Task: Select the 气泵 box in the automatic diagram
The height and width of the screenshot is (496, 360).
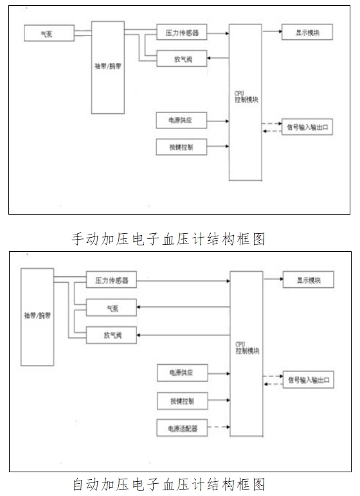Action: click(111, 309)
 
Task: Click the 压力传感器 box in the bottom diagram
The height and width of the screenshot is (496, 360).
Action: click(111, 281)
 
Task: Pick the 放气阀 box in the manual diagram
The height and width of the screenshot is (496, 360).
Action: click(183, 60)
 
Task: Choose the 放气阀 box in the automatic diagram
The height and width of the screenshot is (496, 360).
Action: click(111, 335)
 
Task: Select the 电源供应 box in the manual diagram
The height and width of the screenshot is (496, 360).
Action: click(183, 120)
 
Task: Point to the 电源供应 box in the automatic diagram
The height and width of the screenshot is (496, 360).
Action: click(183, 372)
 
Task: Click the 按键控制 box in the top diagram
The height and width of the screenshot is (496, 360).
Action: click(183, 147)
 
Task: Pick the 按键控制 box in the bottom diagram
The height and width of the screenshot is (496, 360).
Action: click(183, 402)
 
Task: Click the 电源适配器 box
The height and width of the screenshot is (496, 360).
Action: click(183, 427)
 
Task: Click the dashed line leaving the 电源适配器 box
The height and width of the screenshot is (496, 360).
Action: click(219, 427)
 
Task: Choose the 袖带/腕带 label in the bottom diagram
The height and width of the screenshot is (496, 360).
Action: click(36, 317)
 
